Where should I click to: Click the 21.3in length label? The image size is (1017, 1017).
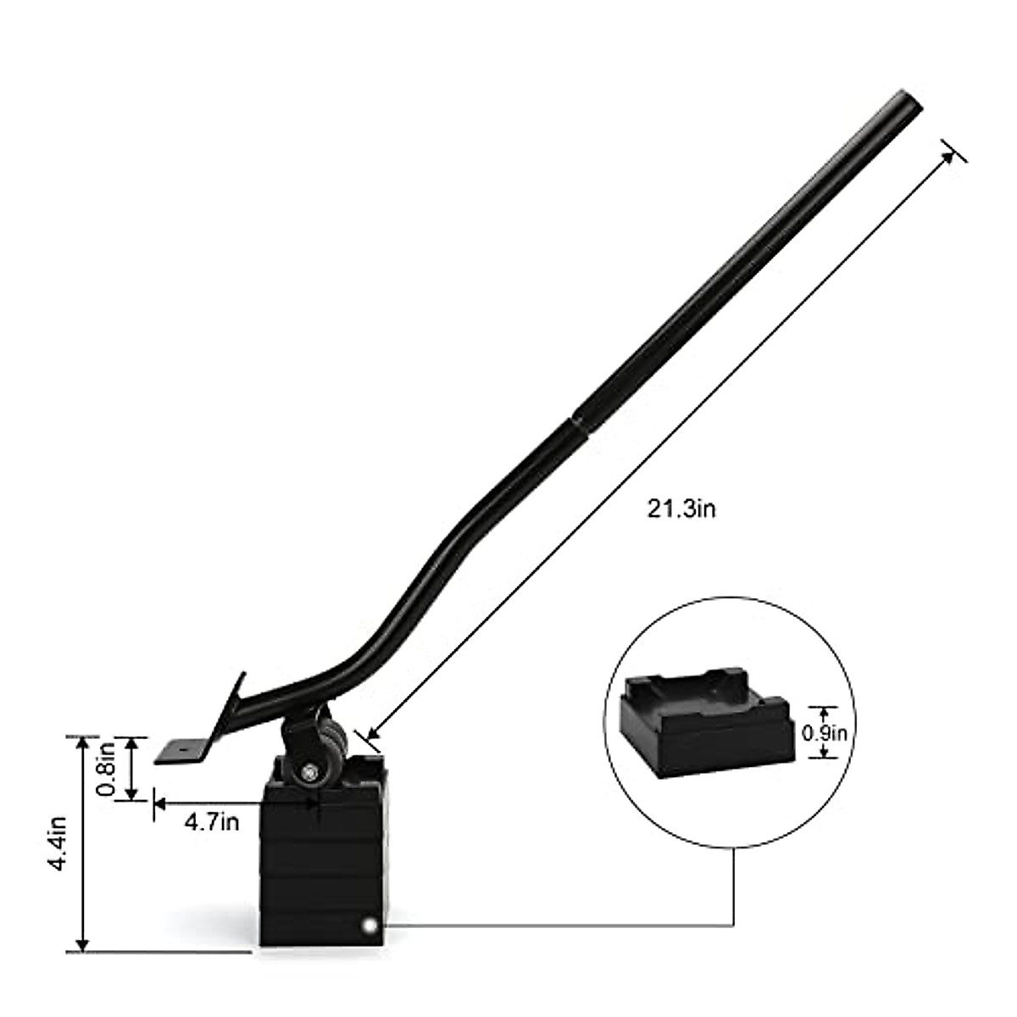click(x=681, y=509)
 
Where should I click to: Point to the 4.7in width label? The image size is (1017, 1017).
click(x=212, y=821)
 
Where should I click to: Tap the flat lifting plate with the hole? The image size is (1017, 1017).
click(x=182, y=751)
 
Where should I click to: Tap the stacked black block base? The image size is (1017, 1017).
click(x=322, y=873)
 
